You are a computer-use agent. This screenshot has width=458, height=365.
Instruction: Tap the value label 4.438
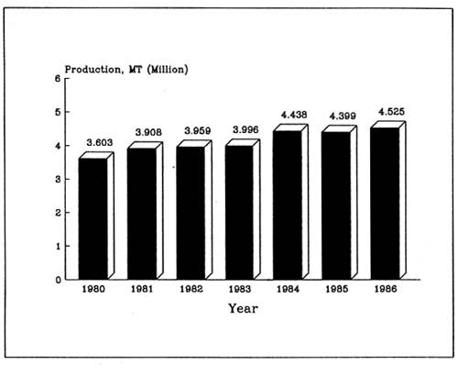click(293, 115)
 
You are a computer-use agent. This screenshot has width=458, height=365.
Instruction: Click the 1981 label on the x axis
click(140, 290)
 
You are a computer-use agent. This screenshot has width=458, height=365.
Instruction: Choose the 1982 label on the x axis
click(189, 290)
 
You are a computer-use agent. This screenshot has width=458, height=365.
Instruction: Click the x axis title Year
click(243, 309)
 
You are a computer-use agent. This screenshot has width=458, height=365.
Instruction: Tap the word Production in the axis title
click(93, 70)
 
